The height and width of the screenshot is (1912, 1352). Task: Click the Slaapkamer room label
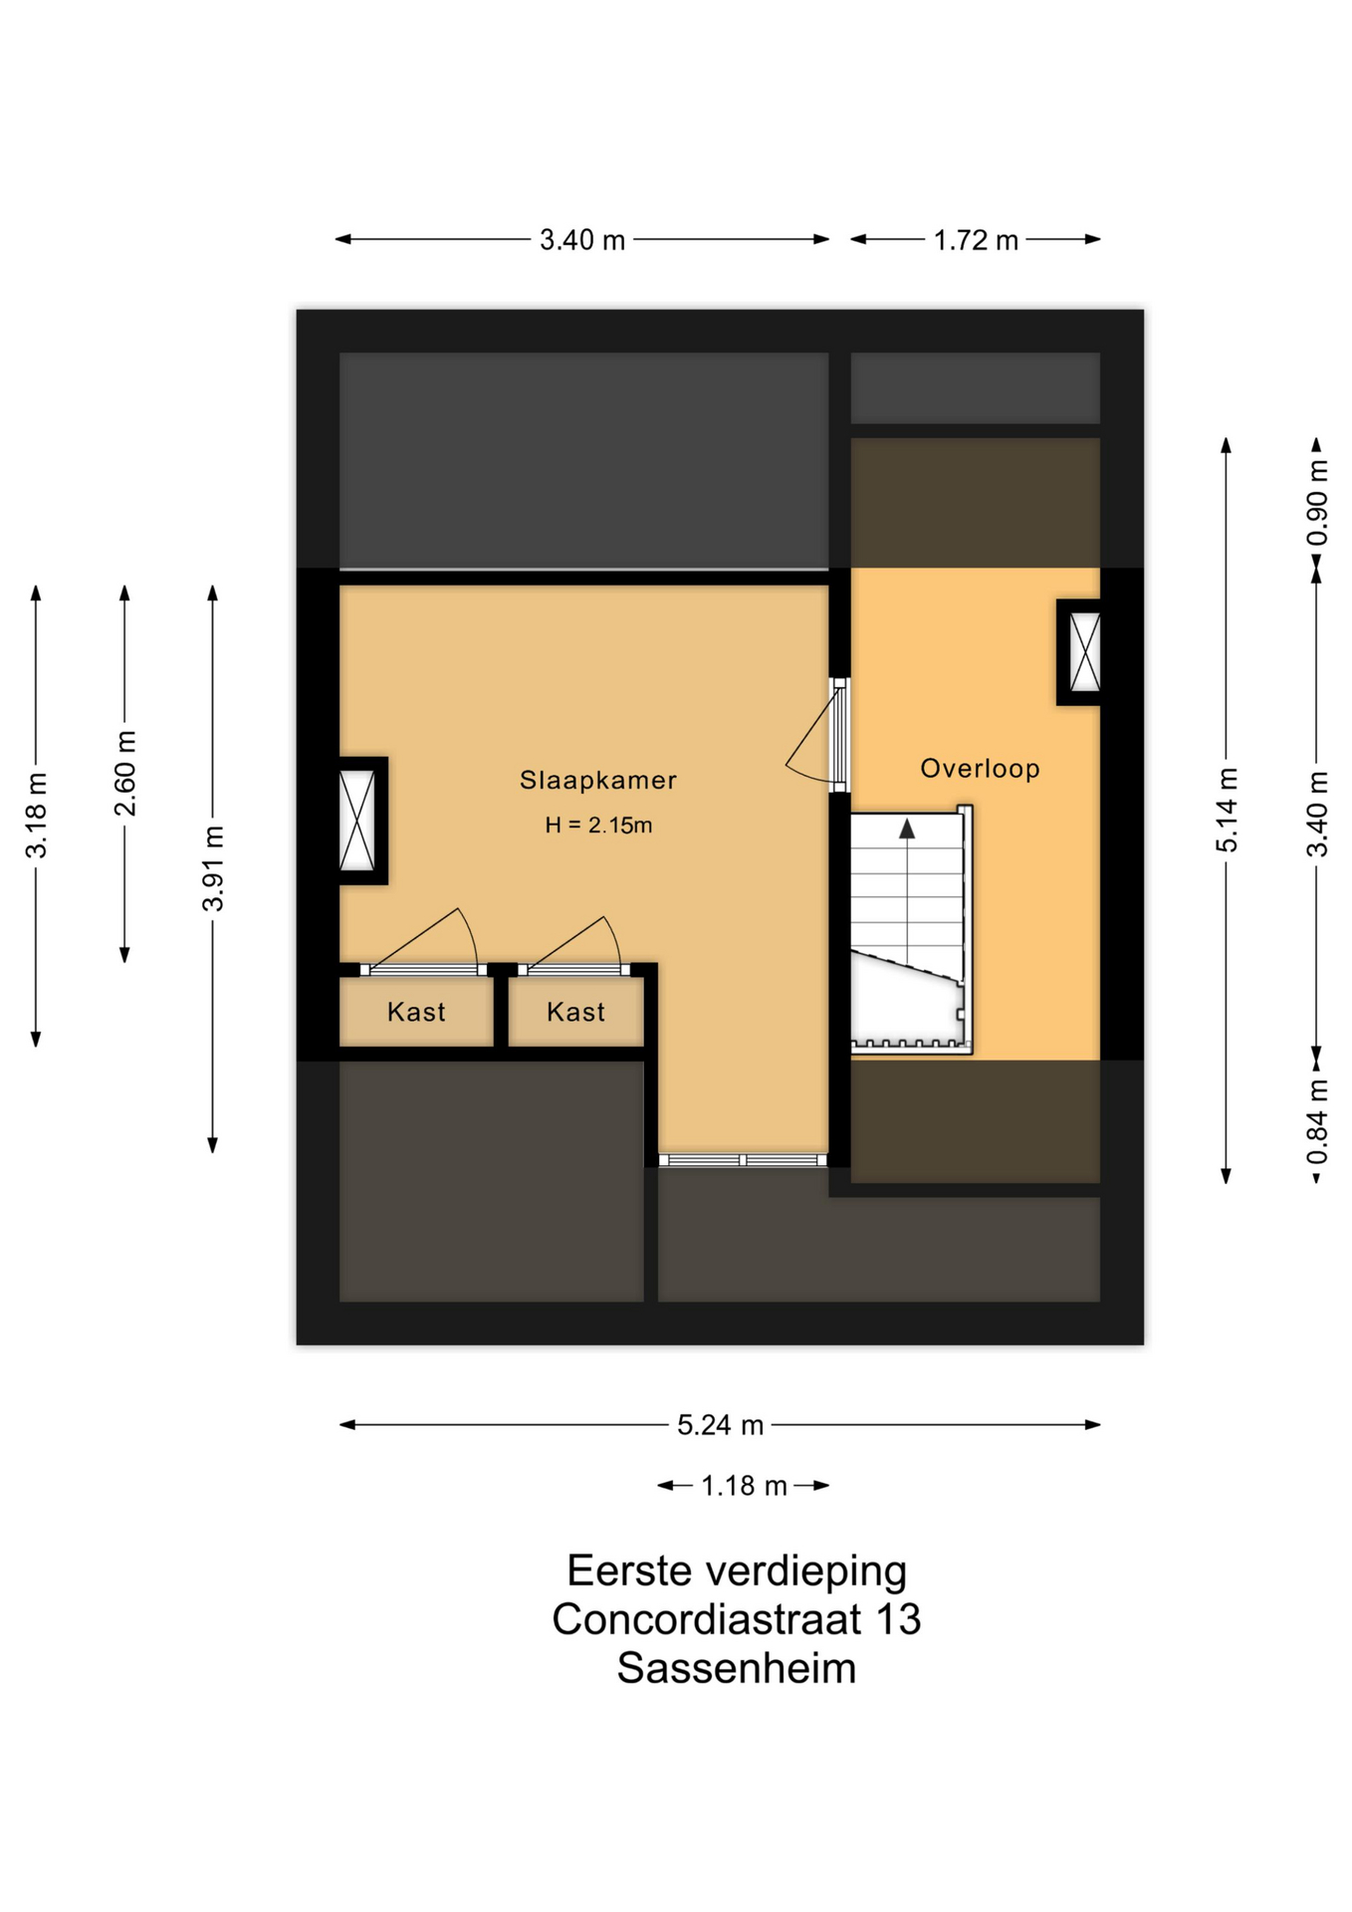pos(597,780)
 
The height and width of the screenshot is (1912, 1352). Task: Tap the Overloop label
pos(980,768)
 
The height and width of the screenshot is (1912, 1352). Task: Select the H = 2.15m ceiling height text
pos(598,825)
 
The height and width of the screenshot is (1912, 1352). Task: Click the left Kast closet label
pos(416,1012)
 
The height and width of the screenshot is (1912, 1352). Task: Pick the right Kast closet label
pos(575,1012)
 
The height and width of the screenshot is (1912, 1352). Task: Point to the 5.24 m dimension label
pos(720,1425)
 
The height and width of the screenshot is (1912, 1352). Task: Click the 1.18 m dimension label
pos(744,1486)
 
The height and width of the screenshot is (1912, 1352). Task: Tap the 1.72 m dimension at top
pos(976,240)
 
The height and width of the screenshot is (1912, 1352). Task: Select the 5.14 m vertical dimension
pos(1227,810)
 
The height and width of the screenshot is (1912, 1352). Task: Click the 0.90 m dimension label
pos(1317,502)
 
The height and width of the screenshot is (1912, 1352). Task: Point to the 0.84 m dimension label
pos(1317,1121)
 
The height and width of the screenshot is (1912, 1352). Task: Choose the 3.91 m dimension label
pos(212,868)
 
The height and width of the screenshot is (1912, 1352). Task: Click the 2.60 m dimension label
pos(124,773)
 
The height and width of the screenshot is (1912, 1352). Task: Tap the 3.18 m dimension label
pos(36,815)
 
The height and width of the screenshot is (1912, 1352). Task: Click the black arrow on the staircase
pos(907,829)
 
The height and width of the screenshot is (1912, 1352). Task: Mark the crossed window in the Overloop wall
pos(1084,652)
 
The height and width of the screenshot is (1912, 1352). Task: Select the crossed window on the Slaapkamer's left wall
pos(357,821)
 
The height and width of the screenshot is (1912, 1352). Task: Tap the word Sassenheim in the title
pos(737,1668)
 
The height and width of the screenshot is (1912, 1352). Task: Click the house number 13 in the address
pos(898,1619)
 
